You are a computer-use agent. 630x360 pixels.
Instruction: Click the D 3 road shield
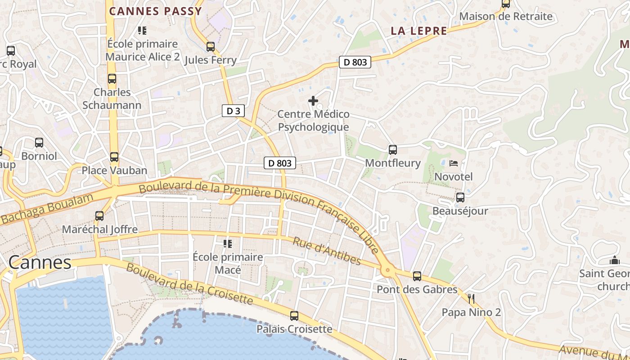tap(233, 111)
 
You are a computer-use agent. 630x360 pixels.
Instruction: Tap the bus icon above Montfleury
tap(393, 150)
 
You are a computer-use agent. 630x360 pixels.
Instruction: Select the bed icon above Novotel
tap(454, 163)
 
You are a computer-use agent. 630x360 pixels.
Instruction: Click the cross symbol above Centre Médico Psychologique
tap(313, 101)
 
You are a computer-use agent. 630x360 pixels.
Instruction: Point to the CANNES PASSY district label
tap(156, 11)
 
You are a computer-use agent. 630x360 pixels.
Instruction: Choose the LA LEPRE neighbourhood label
tap(419, 31)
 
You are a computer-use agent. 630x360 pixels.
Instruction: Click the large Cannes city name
tap(40, 262)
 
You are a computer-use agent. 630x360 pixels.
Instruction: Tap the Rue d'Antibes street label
tap(327, 251)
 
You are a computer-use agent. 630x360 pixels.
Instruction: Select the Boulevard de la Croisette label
tap(189, 284)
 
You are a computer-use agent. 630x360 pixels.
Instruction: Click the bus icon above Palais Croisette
tap(294, 316)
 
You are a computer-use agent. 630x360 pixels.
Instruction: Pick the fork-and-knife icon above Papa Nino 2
tap(471, 299)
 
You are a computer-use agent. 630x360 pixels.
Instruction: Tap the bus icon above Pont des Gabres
tap(417, 276)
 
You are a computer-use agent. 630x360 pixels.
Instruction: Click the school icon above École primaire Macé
tap(228, 244)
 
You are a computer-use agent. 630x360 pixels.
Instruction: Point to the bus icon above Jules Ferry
tap(211, 47)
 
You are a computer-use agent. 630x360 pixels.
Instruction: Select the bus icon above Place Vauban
tap(114, 157)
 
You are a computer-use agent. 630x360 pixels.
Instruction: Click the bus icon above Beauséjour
tap(460, 198)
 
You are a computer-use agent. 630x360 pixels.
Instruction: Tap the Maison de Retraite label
tap(506, 17)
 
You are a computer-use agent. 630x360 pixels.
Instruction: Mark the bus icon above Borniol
tap(39, 143)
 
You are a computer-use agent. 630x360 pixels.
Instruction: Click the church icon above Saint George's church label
tap(614, 260)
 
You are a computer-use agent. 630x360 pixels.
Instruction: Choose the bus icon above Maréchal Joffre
tap(99, 216)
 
